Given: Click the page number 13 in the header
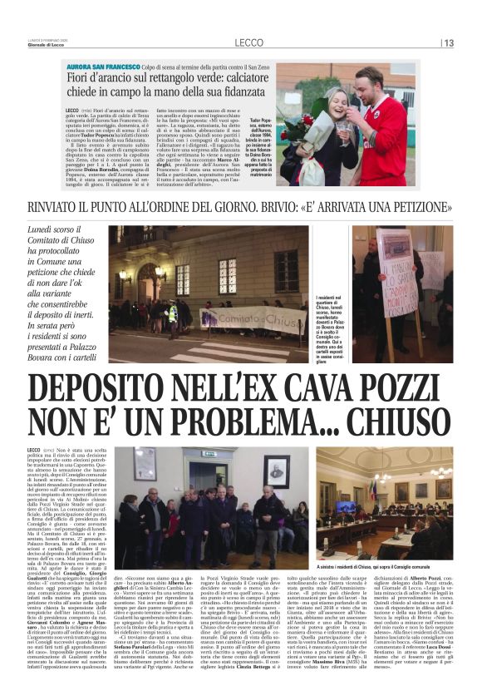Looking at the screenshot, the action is point(448,43).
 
